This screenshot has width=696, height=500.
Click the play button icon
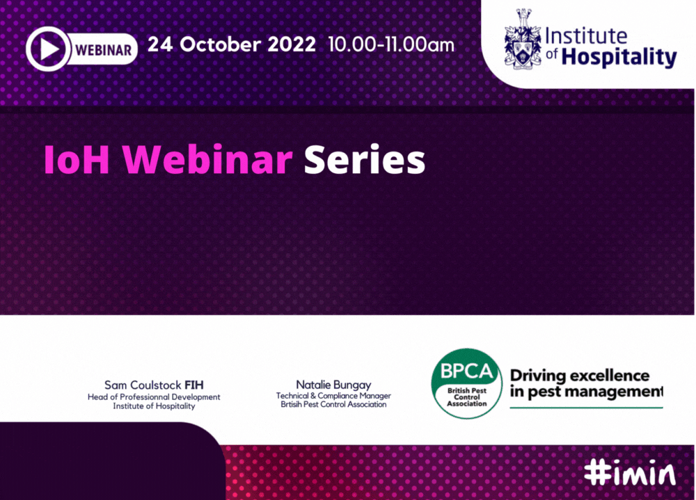(x=49, y=49)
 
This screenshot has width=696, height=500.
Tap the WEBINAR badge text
(x=104, y=49)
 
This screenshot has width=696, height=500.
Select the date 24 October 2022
(x=232, y=45)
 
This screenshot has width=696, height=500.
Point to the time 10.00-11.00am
(x=391, y=45)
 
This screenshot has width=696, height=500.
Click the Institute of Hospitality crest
(x=523, y=39)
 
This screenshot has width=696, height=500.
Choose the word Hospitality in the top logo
(x=619, y=57)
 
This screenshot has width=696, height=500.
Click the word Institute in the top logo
(x=586, y=36)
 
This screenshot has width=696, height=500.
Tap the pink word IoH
(x=77, y=159)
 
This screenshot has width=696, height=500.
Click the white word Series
(x=365, y=159)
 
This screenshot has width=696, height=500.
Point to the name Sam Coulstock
(x=143, y=385)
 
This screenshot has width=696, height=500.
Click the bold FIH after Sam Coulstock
(x=194, y=385)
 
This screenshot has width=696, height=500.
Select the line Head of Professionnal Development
(x=154, y=396)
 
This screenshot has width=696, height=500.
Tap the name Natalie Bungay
(x=333, y=385)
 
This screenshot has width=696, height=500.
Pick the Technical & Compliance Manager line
(x=333, y=395)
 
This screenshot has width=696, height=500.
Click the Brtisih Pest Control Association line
(x=333, y=404)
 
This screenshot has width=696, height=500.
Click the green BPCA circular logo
(x=466, y=384)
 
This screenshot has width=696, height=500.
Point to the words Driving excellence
(x=580, y=376)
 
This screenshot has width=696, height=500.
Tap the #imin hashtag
(x=630, y=474)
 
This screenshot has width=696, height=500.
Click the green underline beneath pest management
(x=586, y=408)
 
